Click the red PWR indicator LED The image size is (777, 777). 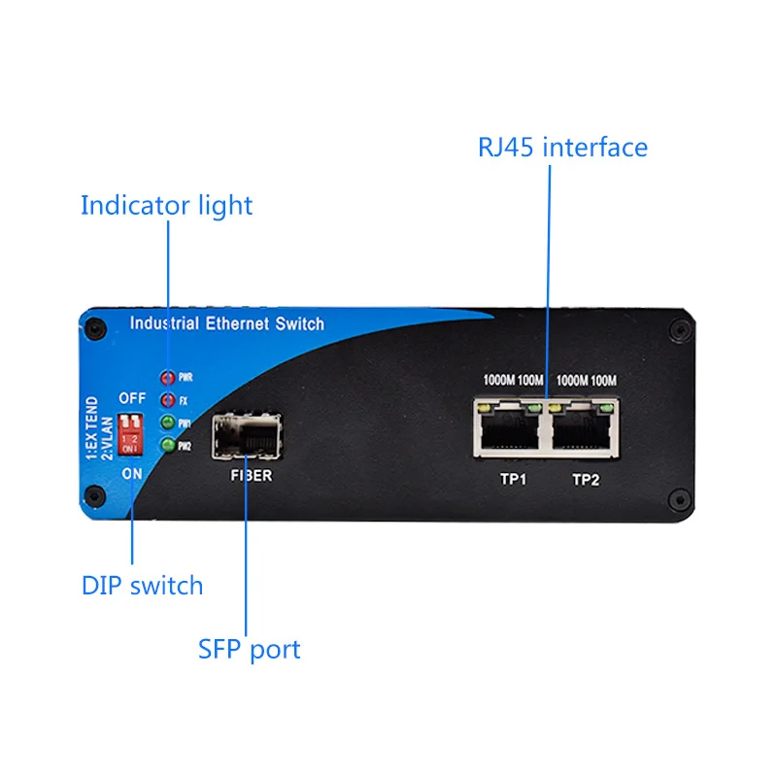(x=167, y=377)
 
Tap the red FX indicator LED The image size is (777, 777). (x=167, y=400)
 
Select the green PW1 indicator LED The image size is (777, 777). (x=167, y=422)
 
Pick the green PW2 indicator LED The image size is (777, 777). (x=167, y=446)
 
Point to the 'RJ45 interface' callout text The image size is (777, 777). (x=562, y=148)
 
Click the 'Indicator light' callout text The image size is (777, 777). (x=166, y=206)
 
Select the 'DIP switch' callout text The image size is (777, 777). (x=142, y=586)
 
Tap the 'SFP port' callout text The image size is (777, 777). (x=250, y=649)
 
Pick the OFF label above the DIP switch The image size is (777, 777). (x=132, y=398)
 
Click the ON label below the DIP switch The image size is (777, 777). (x=132, y=472)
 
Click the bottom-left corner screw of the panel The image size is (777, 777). (x=93, y=497)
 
